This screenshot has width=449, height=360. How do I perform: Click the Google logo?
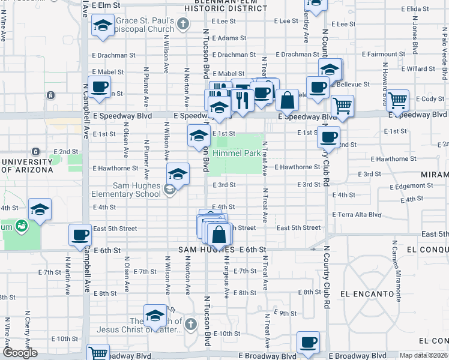point(20,353)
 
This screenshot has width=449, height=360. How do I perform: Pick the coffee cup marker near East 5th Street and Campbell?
point(80,235)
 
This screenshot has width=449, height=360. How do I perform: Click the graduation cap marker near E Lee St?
point(103,26)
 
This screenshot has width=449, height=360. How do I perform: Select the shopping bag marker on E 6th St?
point(219,234)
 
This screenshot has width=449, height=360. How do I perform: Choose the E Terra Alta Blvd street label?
point(357,214)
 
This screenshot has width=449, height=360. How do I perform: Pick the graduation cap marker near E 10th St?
point(154,316)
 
